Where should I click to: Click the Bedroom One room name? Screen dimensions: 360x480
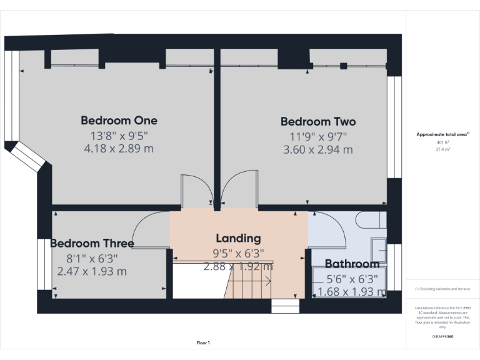coord(119,121)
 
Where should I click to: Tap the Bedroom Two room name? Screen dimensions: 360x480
coord(318,122)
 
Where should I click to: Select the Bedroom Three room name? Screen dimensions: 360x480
coord(92,243)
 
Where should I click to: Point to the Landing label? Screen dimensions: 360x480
coord(238,238)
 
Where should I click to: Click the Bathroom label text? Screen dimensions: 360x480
coord(352,264)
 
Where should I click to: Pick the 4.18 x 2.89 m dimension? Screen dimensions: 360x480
coord(119,149)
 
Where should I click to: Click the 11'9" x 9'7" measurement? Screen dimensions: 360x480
coord(318,136)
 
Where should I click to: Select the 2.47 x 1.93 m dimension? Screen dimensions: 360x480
coord(92,271)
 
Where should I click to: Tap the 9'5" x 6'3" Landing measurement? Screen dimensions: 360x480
coord(238,253)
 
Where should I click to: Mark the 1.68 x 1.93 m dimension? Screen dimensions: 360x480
coord(352,292)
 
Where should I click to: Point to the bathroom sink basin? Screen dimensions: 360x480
coord(379,249)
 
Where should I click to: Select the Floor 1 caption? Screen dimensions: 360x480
coord(203,342)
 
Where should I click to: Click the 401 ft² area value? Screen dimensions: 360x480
coord(442,142)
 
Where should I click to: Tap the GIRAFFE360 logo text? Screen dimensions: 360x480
coord(442,336)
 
